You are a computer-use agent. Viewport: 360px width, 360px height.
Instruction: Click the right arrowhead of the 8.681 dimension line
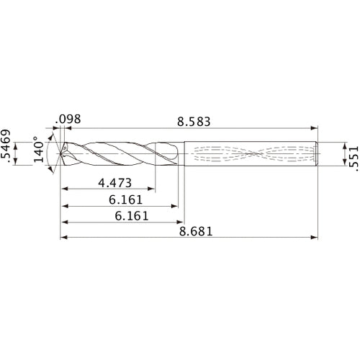(315, 237)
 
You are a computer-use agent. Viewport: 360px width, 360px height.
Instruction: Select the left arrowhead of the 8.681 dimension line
(63, 237)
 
